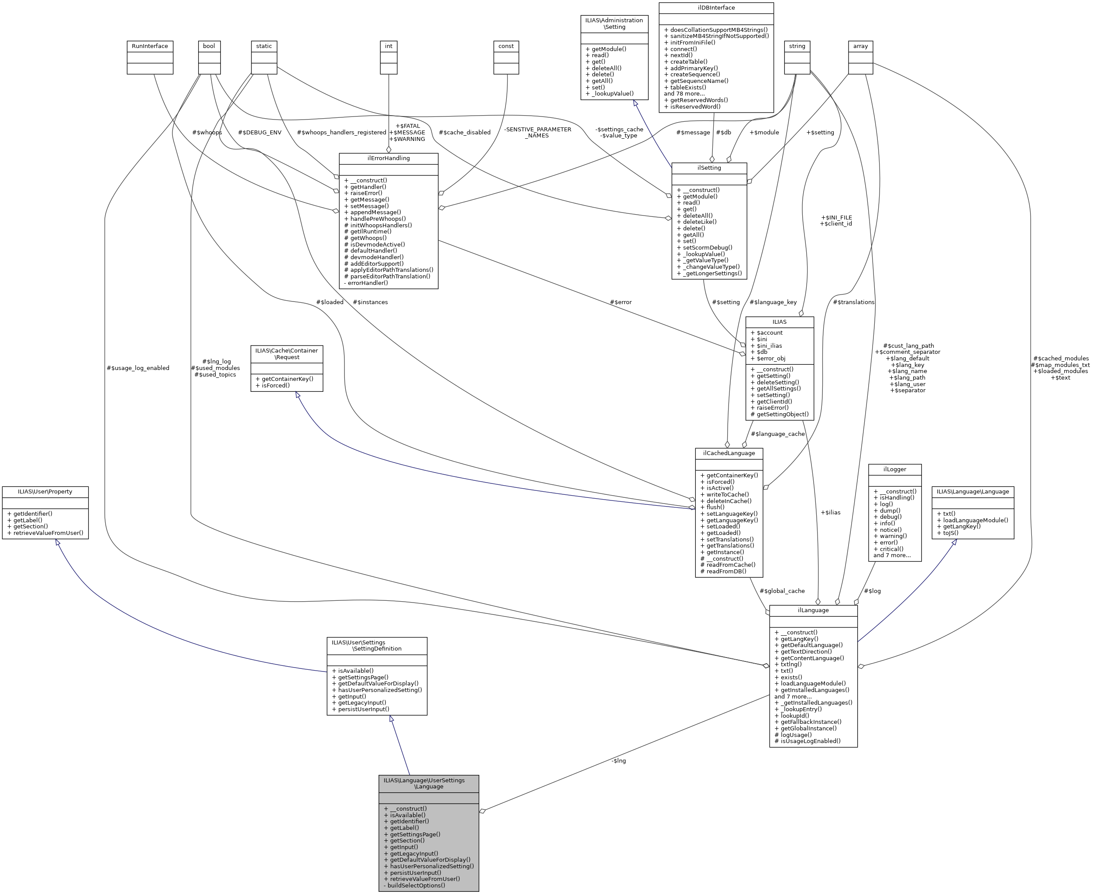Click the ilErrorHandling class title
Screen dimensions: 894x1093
[388, 158]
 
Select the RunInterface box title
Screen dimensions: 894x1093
[150, 46]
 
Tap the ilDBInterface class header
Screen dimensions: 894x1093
[716, 8]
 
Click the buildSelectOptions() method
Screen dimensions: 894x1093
[414, 885]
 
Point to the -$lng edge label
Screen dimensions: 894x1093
[619, 760]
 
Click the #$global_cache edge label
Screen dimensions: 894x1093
[782, 591]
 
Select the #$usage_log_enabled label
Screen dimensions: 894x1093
[137, 368]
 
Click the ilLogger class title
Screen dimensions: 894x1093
[895, 469]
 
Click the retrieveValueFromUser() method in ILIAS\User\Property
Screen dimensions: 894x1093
[45, 532]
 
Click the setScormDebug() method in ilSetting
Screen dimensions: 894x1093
[705, 247]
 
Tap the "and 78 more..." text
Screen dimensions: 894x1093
[684, 94]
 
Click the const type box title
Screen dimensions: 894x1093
[506, 46]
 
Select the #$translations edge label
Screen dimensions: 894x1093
[853, 302]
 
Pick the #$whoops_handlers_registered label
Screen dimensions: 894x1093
[341, 132]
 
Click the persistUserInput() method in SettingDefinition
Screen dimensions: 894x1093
[361, 709]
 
